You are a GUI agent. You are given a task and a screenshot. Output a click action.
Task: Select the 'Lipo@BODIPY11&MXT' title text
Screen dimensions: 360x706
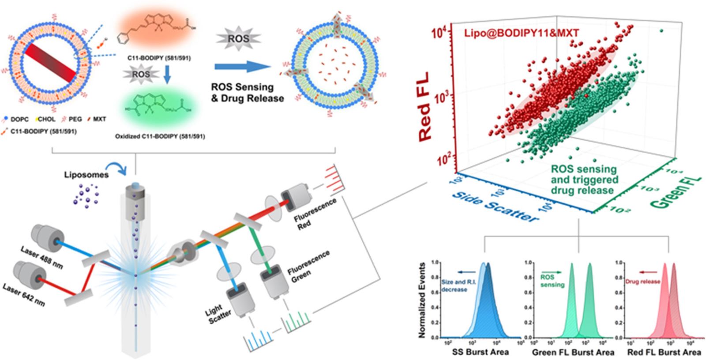pyautogui.click(x=521, y=32)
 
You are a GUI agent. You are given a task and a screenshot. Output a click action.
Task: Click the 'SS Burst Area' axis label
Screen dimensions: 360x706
pyautogui.click(x=480, y=352)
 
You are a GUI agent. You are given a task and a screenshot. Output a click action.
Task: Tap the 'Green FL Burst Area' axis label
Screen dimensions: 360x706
pyautogui.click(x=573, y=352)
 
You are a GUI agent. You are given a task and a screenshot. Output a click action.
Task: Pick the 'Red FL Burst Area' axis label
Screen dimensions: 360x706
pyautogui.click(x=664, y=352)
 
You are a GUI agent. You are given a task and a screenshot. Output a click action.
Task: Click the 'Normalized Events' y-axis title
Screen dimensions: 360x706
pyautogui.click(x=422, y=300)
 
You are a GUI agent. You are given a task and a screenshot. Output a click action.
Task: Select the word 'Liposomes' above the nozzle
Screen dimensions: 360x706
pyautogui.click(x=86, y=175)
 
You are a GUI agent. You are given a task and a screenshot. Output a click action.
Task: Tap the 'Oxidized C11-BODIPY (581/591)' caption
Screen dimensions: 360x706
pyautogui.click(x=160, y=136)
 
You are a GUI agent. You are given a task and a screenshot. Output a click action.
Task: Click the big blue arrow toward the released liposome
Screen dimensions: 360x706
pyautogui.click(x=242, y=67)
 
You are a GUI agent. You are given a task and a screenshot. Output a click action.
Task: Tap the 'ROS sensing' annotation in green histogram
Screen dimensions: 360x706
pyautogui.click(x=552, y=281)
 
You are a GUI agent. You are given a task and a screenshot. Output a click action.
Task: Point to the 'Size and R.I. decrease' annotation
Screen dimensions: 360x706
pyautogui.click(x=454, y=285)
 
